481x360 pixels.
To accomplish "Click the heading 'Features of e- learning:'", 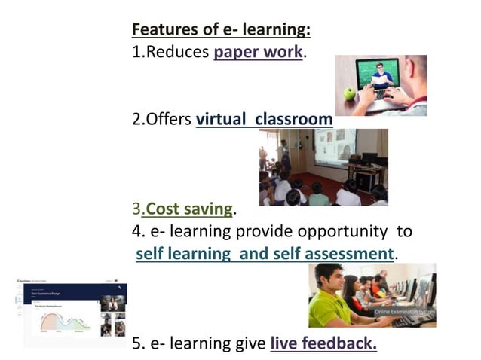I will click(x=221, y=30).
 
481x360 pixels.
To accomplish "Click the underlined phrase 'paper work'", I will click(x=258, y=53).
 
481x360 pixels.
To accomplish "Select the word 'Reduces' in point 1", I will click(x=177, y=53).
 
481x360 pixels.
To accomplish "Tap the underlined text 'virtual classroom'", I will click(x=264, y=119).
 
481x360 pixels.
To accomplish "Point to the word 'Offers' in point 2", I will click(x=168, y=119).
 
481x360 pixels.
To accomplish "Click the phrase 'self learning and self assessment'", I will click(x=265, y=254).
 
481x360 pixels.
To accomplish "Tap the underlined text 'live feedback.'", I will click(x=323, y=343).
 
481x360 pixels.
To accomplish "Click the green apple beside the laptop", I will click(x=349, y=93).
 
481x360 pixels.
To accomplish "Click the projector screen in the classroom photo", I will click(x=335, y=146).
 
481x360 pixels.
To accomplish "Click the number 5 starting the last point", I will click(x=136, y=343).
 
